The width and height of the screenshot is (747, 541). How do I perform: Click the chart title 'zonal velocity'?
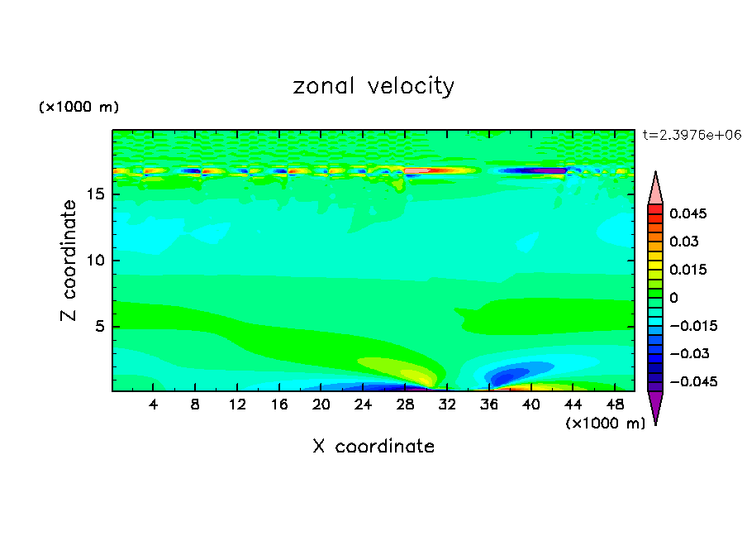pyautogui.click(x=373, y=86)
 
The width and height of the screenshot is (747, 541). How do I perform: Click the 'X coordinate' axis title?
pyautogui.click(x=373, y=447)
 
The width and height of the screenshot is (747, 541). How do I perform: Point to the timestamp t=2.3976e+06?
pyautogui.click(x=691, y=134)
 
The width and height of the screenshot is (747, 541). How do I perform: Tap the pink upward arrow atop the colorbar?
pyautogui.click(x=655, y=188)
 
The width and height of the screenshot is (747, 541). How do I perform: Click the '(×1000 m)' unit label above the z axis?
pyautogui.click(x=79, y=108)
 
